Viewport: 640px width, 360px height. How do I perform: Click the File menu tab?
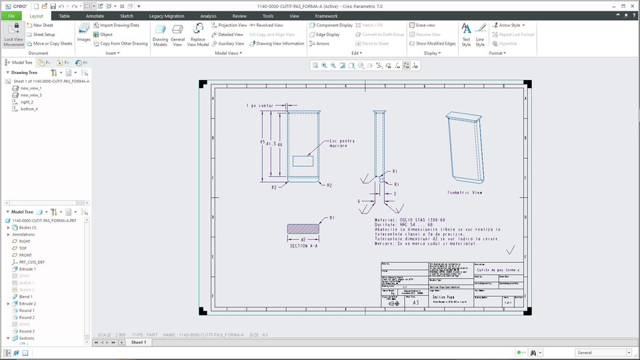(11, 16)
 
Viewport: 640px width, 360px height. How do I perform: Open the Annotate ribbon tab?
(95, 16)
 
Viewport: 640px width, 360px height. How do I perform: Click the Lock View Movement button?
(13, 34)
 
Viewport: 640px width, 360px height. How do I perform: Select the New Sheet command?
(43, 25)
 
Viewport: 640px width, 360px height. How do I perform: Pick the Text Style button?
(466, 34)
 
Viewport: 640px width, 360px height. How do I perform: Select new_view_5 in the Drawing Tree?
(31, 95)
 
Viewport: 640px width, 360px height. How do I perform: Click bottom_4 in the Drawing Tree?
(29, 109)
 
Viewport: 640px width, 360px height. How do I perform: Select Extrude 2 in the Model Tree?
(27, 303)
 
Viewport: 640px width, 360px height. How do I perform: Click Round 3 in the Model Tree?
(27, 331)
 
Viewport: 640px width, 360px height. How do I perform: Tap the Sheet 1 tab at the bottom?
(138, 342)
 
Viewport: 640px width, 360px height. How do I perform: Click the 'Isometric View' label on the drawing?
(465, 193)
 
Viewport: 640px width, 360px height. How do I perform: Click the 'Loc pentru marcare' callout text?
(342, 143)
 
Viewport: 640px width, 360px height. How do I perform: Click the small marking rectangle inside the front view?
(303, 160)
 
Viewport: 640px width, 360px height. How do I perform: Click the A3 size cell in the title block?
(415, 303)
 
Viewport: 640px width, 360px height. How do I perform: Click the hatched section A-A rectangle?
(303, 229)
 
